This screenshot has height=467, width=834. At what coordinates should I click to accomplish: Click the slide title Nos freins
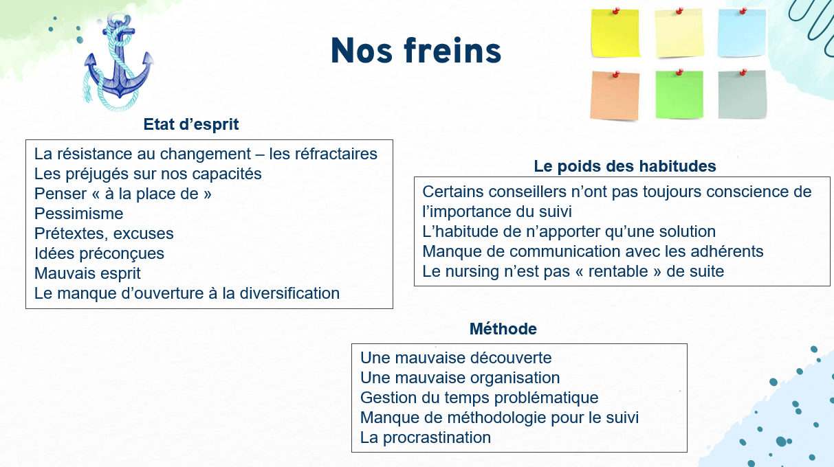point(416,50)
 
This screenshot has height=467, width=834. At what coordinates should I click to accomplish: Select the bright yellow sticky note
point(615,33)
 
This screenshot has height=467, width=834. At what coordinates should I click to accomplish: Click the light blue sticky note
point(742,33)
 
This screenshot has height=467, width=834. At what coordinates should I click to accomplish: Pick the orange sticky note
point(615,95)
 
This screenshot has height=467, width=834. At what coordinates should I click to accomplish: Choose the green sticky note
point(679,95)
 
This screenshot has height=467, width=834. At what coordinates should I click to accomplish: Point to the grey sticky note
point(743,95)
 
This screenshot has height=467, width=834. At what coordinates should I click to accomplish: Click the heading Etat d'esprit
point(191,124)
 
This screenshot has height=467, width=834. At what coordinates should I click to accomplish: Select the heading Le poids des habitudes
point(625,166)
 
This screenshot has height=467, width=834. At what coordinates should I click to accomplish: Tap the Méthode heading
point(503,329)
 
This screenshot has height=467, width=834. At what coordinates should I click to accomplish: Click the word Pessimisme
point(78,214)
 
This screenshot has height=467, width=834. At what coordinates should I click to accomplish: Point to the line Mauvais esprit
point(87,273)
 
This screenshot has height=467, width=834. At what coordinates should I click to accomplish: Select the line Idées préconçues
point(99,253)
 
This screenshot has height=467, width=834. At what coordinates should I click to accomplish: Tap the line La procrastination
point(425,437)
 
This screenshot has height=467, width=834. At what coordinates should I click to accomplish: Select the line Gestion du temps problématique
point(479,398)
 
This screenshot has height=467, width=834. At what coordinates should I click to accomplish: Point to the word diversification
point(289,293)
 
